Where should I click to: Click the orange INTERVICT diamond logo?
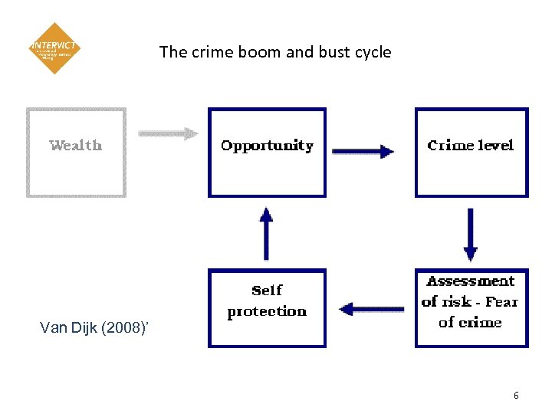coord(54,48)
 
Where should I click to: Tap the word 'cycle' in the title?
coord(373,52)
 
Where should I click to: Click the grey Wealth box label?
coord(75,145)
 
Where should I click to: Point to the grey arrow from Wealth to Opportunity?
coord(168,133)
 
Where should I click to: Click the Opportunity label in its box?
coord(267,146)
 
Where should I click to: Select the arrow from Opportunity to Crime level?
coord(363,151)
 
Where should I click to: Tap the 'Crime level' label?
coord(471,146)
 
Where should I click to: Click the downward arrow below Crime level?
coord(471,234)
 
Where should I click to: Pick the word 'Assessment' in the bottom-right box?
coord(471,281)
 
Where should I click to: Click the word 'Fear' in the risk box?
coord(501,302)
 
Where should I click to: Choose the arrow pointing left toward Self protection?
coord(371,309)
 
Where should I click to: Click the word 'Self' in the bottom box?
coord(267,291)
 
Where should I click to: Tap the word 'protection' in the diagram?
coord(267,311)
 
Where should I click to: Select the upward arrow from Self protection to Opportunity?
coord(266,233)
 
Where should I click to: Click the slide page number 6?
coord(516,396)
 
